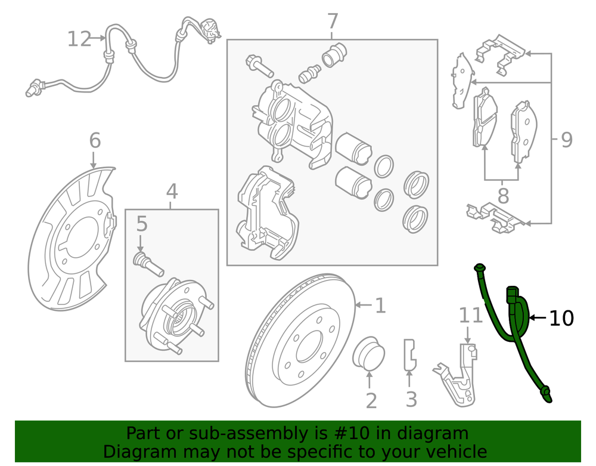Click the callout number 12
79,40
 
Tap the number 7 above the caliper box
332,22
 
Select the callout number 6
95,141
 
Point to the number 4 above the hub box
172,192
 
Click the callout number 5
141,224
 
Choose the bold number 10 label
561,319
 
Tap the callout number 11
470,315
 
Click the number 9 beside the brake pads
566,140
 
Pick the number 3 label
411,399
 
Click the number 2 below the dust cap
371,400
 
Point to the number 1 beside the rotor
380,306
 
